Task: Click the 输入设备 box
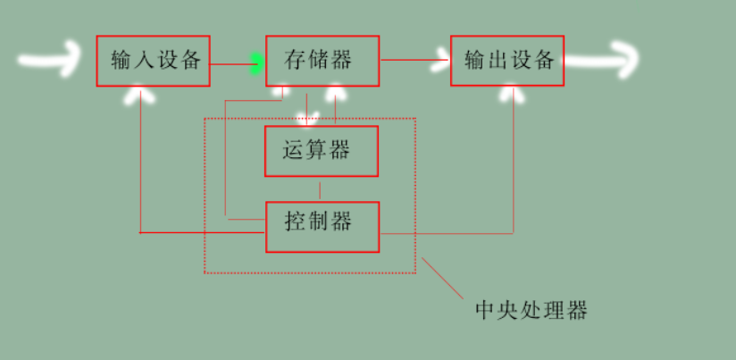153,62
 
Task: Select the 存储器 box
322,62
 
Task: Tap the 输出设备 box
506,62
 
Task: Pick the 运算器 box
322,151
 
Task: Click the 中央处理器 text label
531,311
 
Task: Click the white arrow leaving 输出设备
602,61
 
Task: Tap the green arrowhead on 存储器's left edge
257,63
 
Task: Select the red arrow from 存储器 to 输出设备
414,61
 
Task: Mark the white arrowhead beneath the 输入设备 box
138,91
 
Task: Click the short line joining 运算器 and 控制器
320,189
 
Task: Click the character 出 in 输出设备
497,62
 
